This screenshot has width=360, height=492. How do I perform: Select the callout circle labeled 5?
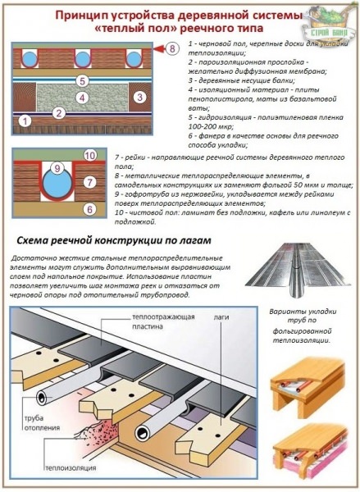pyautogui.click(x=82, y=80)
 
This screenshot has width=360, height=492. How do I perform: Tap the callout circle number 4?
pyautogui.click(x=82, y=98)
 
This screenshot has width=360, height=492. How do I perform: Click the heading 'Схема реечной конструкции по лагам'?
pyautogui.click(x=121, y=241)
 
